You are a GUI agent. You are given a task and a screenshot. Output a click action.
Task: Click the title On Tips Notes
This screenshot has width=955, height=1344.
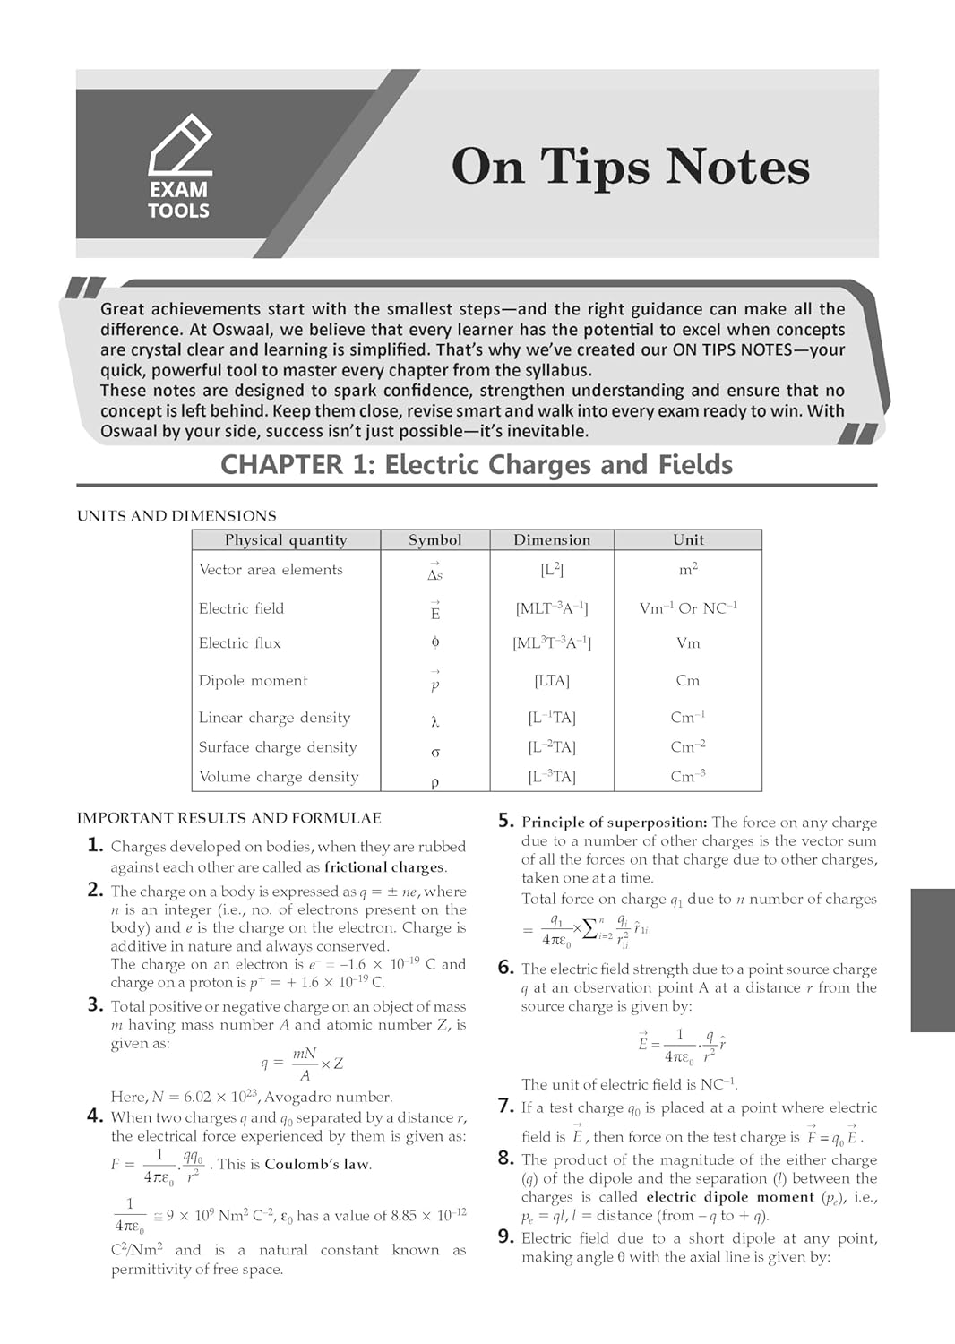630,167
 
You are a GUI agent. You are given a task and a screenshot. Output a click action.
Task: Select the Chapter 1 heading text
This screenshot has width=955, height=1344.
477,464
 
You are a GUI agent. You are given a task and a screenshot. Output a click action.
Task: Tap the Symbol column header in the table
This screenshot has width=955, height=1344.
434,539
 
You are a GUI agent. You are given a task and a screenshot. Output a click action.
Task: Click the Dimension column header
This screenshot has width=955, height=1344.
552,539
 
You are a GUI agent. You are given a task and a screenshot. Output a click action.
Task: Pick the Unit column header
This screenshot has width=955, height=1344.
688,539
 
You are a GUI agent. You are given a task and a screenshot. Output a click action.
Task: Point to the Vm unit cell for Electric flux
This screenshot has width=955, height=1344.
688,643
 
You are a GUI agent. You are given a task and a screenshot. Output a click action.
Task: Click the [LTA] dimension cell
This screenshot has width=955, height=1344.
552,680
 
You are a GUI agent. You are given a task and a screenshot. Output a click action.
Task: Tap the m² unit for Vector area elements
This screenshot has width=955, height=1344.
688,569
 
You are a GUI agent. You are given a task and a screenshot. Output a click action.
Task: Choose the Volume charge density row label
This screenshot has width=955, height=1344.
279,777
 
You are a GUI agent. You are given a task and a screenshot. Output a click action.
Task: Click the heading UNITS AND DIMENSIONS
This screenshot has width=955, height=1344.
176,515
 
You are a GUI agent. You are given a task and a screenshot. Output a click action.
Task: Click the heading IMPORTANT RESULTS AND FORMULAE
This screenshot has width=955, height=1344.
228,817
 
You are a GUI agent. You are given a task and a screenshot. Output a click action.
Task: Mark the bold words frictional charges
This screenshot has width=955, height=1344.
384,866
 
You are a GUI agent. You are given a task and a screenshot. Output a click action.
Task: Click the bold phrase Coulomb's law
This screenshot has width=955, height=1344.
317,1164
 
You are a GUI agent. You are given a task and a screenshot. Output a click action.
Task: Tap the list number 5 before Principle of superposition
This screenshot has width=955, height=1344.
506,821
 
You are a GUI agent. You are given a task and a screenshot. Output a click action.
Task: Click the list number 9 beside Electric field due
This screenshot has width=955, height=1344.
506,1237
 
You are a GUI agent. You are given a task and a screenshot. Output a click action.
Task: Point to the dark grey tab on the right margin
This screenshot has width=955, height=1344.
932,961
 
